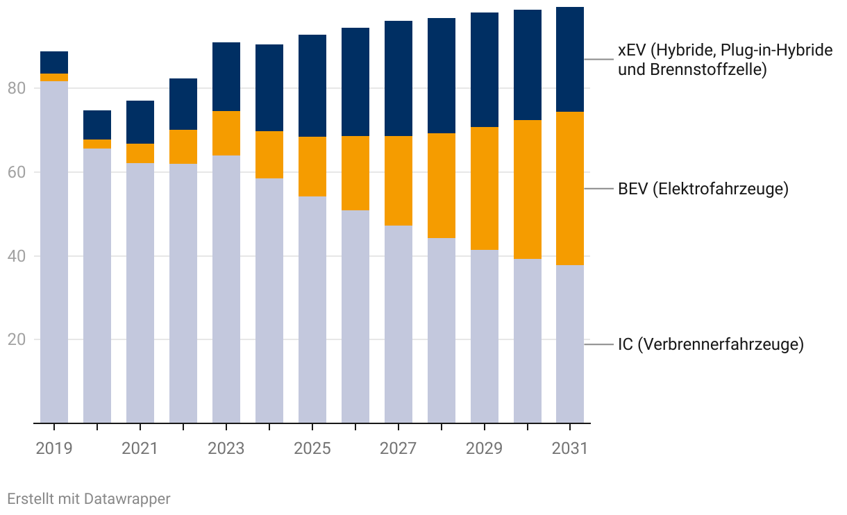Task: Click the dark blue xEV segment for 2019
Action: click(54, 62)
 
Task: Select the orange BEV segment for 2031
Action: click(570, 188)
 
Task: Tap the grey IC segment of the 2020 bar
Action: click(97, 285)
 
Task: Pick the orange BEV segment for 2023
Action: click(226, 133)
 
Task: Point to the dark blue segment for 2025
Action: click(312, 85)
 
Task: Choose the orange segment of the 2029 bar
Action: click(485, 188)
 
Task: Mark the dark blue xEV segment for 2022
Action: click(183, 104)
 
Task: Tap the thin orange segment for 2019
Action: click(54, 77)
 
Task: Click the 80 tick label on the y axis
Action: click(17, 89)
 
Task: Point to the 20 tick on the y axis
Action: click(17, 340)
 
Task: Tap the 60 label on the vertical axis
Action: click(17, 172)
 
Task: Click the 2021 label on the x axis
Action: click(140, 448)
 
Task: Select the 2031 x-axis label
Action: click(570, 448)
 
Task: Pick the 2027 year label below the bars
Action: click(398, 448)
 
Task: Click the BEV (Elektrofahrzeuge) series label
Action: click(703, 189)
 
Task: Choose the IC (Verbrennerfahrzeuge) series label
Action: click(710, 344)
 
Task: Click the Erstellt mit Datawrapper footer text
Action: click(88, 498)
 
